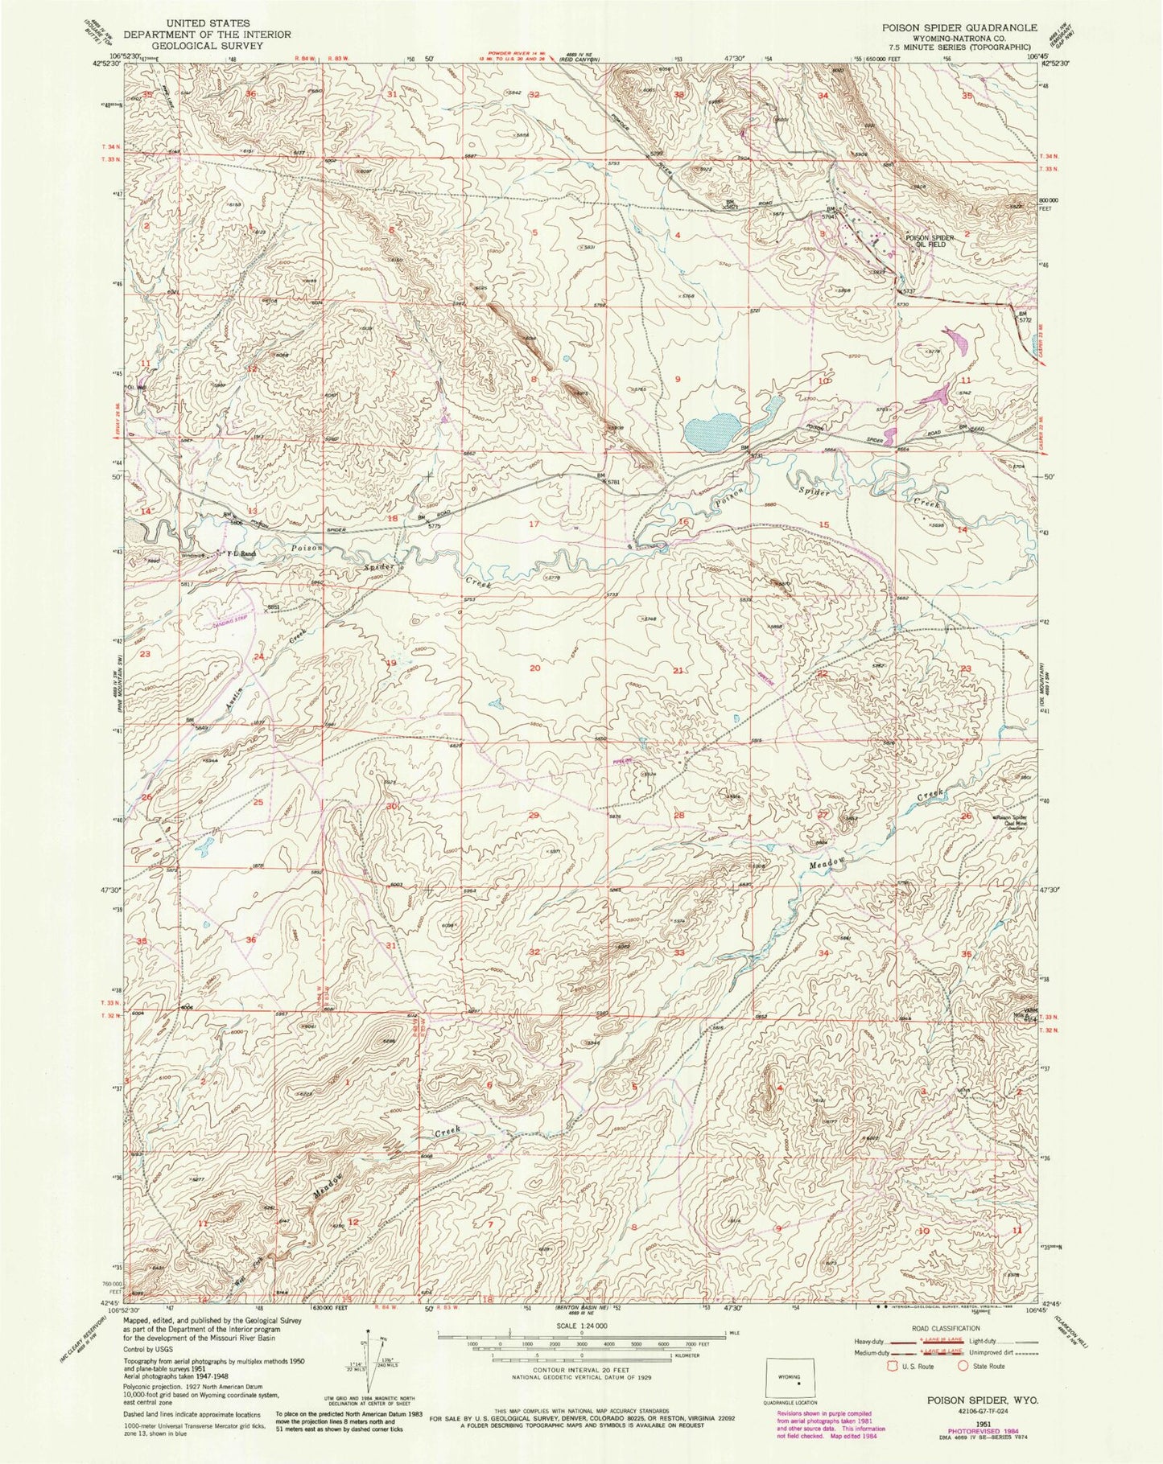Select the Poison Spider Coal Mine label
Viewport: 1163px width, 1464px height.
click(1016, 822)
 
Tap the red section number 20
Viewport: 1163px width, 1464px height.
click(535, 668)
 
